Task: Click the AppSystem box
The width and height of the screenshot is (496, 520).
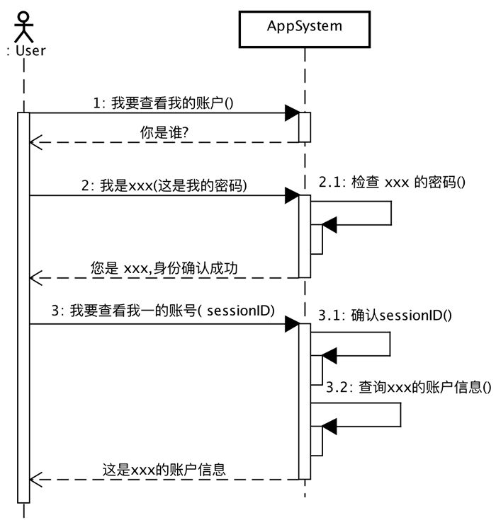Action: coord(304,29)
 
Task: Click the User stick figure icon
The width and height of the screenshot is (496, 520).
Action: coord(23,27)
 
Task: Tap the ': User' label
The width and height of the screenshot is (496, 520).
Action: coord(26,51)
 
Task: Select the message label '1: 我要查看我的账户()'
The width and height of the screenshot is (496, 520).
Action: coord(163,103)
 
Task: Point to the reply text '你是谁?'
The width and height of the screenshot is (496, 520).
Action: coord(164,132)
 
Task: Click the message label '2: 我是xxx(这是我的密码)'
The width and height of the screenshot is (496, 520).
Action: coord(164,185)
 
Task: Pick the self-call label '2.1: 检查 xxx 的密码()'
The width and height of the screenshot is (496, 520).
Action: coord(392,182)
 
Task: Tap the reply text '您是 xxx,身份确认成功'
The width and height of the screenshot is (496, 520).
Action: coord(164,267)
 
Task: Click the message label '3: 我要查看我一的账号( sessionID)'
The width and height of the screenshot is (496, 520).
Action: coord(163,311)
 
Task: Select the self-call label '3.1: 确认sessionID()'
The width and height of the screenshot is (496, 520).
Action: coord(385,315)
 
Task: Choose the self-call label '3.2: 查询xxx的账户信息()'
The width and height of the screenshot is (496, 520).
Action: coord(409,387)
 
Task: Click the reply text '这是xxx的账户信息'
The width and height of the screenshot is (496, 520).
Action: coord(164,470)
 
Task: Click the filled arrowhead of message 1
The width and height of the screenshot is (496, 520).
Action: coord(292,113)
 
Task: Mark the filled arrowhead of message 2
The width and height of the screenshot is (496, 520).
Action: coord(292,195)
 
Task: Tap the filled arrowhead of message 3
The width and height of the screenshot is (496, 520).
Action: coord(292,324)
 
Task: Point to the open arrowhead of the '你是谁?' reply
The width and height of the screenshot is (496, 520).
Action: coord(35,142)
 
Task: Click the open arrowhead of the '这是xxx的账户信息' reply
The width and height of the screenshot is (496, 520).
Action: coord(35,480)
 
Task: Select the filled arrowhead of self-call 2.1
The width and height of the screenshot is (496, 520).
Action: coord(329,225)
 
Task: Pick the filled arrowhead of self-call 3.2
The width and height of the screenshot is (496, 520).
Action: coord(329,427)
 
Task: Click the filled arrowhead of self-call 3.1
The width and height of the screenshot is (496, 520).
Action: coord(329,356)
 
